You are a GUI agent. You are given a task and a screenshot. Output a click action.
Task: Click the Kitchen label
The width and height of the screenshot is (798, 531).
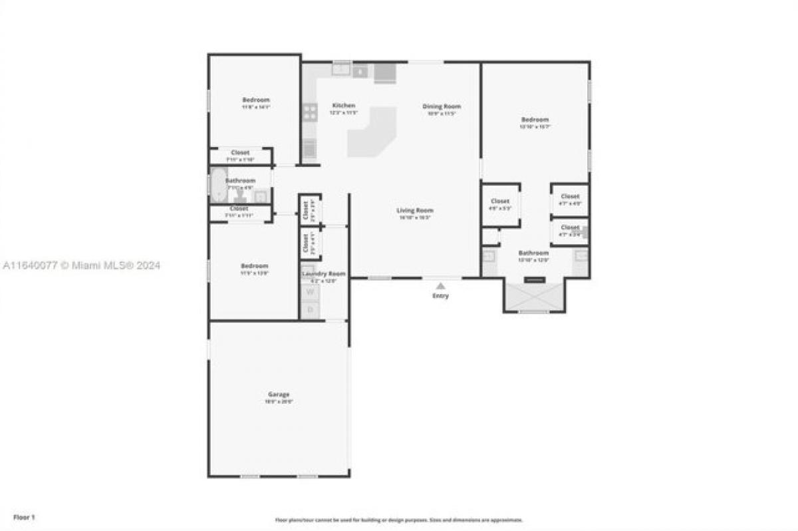coord(344,106)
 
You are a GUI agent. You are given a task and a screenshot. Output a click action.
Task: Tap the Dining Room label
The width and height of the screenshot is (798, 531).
coord(442,106)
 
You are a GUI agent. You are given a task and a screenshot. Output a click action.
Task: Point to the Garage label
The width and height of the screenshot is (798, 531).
coord(279,395)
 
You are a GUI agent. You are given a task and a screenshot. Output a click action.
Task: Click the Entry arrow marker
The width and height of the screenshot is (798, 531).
coord(440,285)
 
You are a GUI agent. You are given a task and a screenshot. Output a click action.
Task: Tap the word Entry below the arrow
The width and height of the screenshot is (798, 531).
coord(440,296)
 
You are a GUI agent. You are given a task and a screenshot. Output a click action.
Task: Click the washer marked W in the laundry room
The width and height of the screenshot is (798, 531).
coord(310,291)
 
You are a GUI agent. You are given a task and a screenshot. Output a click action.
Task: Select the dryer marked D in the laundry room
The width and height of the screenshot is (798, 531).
coord(310,309)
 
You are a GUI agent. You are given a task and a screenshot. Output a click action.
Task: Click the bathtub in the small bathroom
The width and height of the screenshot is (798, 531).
coord(219,185)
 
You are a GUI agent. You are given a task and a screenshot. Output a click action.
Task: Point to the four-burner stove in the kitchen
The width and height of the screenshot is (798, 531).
coord(310,111)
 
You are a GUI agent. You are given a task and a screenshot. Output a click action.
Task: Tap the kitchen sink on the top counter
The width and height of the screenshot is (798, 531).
coord(341,69)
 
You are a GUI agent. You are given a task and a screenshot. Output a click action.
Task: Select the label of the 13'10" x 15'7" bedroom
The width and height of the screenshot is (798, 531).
coord(535,120)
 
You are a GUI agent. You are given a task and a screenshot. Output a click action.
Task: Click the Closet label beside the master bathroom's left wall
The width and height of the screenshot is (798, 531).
coord(500,201)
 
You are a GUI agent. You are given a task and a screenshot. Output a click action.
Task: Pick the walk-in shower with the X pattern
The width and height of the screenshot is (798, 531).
coord(534,296)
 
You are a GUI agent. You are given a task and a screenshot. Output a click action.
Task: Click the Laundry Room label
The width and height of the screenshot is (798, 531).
coord(324,274)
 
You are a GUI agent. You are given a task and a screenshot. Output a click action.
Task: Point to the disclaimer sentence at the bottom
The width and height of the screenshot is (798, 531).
coord(399,520)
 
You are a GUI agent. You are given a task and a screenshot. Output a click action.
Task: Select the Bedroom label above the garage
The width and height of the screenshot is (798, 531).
coord(255,266)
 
